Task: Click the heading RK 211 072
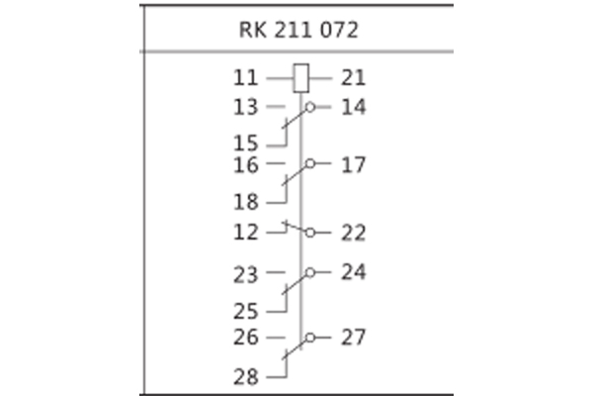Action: [298, 30]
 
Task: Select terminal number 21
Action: [353, 76]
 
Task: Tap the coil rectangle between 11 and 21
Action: [302, 75]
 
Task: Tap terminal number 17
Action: [353, 164]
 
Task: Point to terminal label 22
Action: [353, 233]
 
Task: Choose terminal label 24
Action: [353, 271]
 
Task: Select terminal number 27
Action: [353, 338]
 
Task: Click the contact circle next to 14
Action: [310, 106]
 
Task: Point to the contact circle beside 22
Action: [310, 233]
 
